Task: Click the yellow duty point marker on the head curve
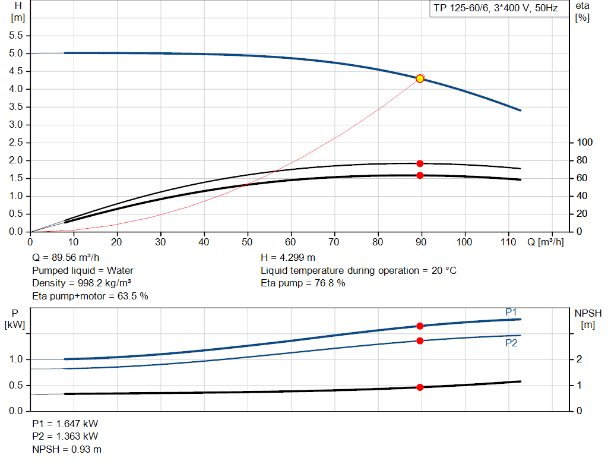420,78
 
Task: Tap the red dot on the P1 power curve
420,326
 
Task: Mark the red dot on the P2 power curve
420,340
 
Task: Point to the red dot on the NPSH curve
420,387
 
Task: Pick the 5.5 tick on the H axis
15,36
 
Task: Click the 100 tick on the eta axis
585,143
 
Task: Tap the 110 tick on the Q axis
508,242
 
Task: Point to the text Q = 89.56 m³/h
66,258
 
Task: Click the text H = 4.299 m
288,258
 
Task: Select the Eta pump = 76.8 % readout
303,283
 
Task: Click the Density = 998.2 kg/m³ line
81,283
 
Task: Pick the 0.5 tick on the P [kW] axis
17,386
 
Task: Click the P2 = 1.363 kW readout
65,437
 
